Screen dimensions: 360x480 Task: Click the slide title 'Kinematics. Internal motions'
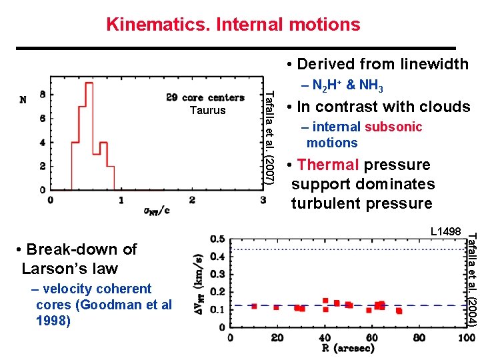pyautogui.click(x=233, y=25)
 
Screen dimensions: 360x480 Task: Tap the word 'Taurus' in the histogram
pyautogui.click(x=207, y=111)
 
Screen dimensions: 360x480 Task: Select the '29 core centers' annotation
pyautogui.click(x=205, y=98)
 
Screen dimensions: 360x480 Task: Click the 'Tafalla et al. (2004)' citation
pyautogui.click(x=471, y=278)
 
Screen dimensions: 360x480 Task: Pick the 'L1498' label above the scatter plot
pyautogui.click(x=445, y=231)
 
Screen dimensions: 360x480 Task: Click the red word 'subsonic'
pyautogui.click(x=393, y=127)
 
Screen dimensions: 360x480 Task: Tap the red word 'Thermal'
pyautogui.click(x=327, y=165)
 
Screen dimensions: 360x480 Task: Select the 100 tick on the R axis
pyautogui.click(x=466, y=337)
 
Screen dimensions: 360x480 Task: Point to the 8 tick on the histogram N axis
pyautogui.click(x=43, y=95)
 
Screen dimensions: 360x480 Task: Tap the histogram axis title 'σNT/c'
pyautogui.click(x=156, y=211)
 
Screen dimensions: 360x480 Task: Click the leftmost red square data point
pyautogui.click(x=254, y=306)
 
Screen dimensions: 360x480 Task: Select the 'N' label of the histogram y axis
pyautogui.click(x=23, y=100)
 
